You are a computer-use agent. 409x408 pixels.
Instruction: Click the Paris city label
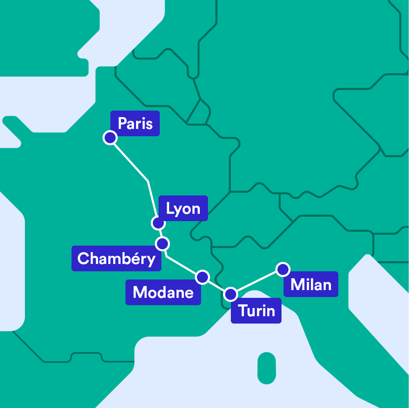[x=135, y=123]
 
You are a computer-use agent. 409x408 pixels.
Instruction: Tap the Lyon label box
[x=183, y=208]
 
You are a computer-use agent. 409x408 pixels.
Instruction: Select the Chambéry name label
[x=116, y=258]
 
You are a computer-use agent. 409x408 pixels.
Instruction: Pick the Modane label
[x=163, y=292]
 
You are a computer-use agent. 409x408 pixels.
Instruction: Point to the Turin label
[x=256, y=311]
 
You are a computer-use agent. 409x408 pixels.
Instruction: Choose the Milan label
[x=311, y=284]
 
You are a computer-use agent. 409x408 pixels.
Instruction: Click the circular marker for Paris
[x=110, y=138]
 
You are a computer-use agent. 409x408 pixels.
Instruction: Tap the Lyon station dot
[x=158, y=223]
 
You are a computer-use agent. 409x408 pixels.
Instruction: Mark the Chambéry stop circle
[x=163, y=244]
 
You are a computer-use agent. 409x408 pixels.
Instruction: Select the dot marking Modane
[x=202, y=277]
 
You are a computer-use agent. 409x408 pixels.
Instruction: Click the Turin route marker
[x=231, y=294]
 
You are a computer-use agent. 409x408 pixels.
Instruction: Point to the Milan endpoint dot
[x=282, y=269]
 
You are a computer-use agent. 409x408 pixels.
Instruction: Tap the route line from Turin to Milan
[x=257, y=282]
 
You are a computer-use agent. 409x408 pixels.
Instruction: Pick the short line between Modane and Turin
[x=217, y=286]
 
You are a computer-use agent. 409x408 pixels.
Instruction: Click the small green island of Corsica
[x=267, y=368]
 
